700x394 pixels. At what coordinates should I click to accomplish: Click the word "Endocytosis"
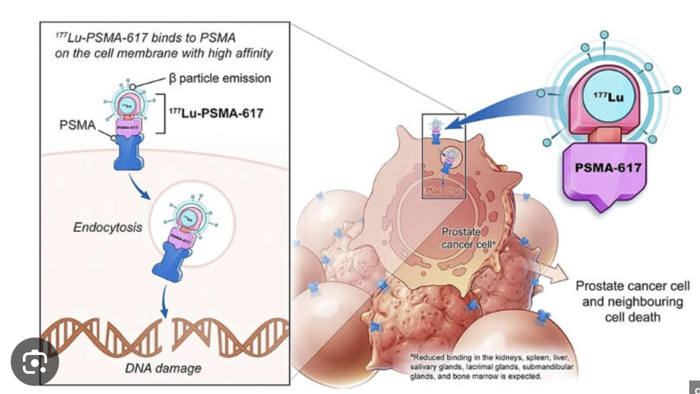(x=108, y=227)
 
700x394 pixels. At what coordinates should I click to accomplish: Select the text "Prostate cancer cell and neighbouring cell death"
(x=632, y=301)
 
